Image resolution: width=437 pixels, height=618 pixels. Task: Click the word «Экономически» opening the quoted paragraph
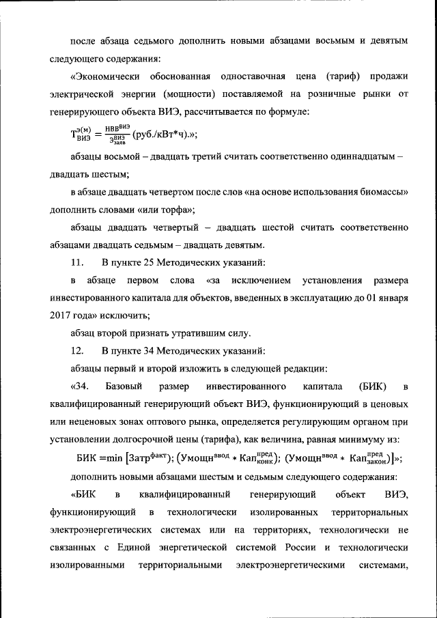click(102, 75)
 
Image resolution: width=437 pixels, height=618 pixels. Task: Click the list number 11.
click(77, 262)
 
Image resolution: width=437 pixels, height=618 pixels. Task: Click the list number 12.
click(77, 351)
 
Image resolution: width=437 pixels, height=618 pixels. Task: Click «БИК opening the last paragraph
click(83, 494)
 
